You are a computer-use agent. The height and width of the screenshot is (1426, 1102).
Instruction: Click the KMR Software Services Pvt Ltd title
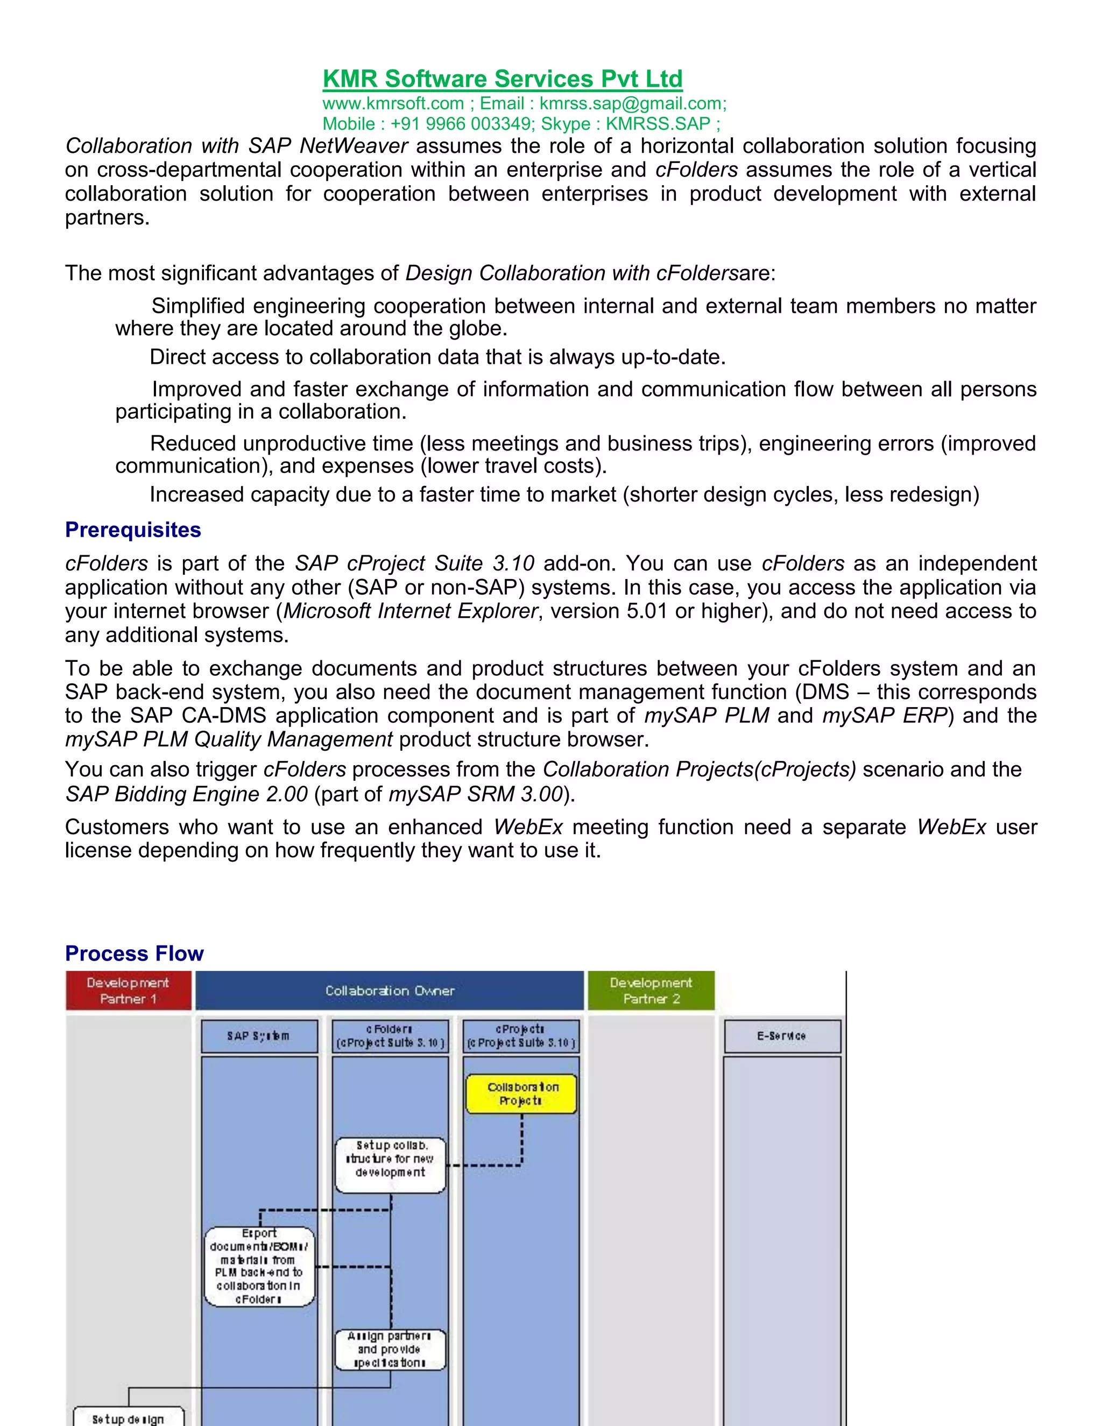[502, 79]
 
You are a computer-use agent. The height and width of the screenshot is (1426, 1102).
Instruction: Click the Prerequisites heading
[133, 530]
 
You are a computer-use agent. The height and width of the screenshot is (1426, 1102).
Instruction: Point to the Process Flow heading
[135, 954]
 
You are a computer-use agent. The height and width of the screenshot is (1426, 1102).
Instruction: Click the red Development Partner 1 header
[129, 991]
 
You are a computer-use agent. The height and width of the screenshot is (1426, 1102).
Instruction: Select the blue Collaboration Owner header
[390, 991]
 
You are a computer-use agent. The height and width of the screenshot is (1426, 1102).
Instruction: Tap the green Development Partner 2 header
[651, 991]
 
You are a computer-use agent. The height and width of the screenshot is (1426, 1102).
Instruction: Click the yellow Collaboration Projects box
[521, 1093]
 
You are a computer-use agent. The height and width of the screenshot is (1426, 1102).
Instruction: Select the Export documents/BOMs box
[259, 1267]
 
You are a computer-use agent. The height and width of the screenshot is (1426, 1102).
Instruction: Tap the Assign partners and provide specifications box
[391, 1350]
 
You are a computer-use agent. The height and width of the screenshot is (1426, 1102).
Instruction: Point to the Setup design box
[129, 1417]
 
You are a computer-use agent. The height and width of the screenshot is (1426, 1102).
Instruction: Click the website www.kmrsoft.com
[393, 104]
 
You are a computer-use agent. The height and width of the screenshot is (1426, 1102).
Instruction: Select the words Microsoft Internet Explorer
[411, 611]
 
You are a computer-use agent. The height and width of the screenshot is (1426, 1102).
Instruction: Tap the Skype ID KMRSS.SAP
[658, 124]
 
